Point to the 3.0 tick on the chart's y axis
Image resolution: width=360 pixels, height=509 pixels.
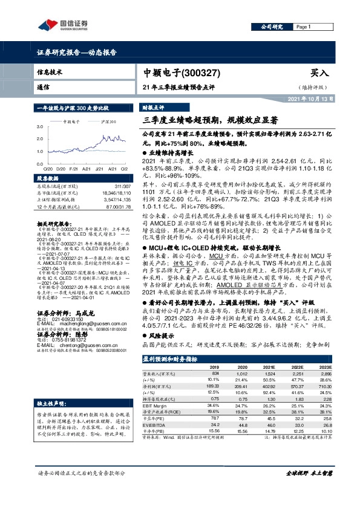tap(39, 126)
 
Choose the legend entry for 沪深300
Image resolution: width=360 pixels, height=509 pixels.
tap(108, 121)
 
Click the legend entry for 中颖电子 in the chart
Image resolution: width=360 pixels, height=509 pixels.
tap(72, 121)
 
